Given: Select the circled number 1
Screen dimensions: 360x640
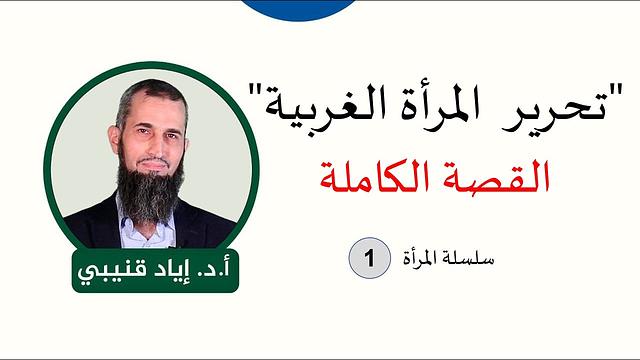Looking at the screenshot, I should [369, 258].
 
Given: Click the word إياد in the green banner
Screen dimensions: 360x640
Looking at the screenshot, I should [167, 269].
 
